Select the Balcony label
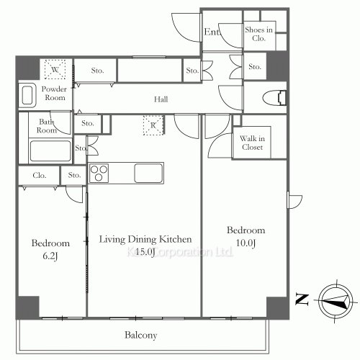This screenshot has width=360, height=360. [x=140, y=336]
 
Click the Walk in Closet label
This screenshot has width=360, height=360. [x=252, y=143]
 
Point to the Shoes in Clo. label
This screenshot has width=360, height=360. [x=258, y=34]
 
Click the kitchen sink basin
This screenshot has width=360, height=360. [x=149, y=174]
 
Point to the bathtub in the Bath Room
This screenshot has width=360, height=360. [x=50, y=151]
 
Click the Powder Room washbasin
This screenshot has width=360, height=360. [x=29, y=95]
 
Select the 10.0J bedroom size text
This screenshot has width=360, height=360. [x=246, y=243]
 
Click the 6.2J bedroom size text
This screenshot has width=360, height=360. [x=50, y=255]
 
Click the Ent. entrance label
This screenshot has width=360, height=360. [x=212, y=32]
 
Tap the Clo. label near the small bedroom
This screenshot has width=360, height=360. [x=40, y=175]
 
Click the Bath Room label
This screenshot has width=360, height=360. [x=47, y=126]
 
